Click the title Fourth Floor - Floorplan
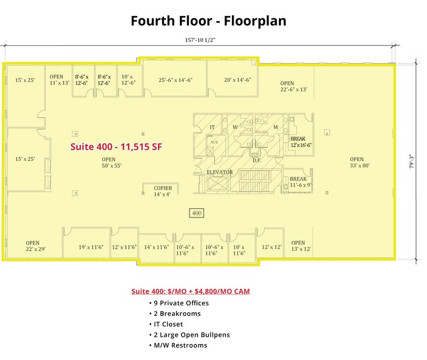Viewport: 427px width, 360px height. point(208,21)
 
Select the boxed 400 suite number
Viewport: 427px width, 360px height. point(196,213)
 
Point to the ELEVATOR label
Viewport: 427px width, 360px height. point(219,172)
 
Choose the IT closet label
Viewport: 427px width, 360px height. point(212,127)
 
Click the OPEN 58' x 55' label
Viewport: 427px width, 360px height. point(108,162)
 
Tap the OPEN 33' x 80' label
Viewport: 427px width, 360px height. point(357,162)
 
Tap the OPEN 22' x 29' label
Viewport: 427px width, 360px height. point(32,246)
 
